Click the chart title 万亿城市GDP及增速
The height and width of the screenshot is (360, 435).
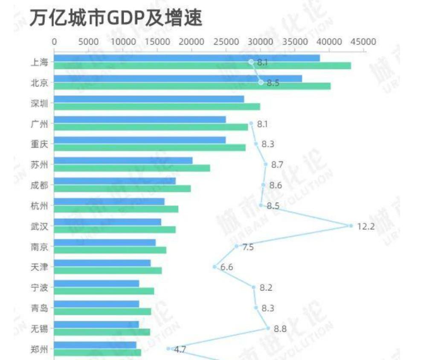(116, 18)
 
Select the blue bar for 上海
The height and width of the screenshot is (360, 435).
(187, 58)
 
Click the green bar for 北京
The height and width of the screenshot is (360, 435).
(192, 86)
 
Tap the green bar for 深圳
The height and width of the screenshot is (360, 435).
(157, 107)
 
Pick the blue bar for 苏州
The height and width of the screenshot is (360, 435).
(123, 160)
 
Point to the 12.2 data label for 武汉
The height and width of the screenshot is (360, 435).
(365, 226)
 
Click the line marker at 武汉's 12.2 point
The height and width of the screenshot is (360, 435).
(351, 226)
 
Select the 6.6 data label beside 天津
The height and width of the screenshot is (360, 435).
(226, 267)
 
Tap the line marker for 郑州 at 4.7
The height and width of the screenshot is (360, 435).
(168, 348)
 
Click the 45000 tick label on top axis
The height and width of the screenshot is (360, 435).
(363, 42)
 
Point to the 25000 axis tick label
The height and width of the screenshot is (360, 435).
(226, 42)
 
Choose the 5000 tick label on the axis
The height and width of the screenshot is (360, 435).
(89, 42)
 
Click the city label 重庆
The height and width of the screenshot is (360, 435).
(39, 144)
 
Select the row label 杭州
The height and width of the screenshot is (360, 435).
(39, 206)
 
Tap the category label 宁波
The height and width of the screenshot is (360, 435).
(39, 287)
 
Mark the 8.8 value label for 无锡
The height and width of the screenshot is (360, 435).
(280, 328)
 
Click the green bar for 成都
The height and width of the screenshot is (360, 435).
(122, 189)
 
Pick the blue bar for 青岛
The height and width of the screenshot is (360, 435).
(96, 304)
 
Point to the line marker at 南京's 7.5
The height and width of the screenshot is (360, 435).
(236, 246)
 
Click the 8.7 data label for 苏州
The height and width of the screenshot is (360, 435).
(277, 165)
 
